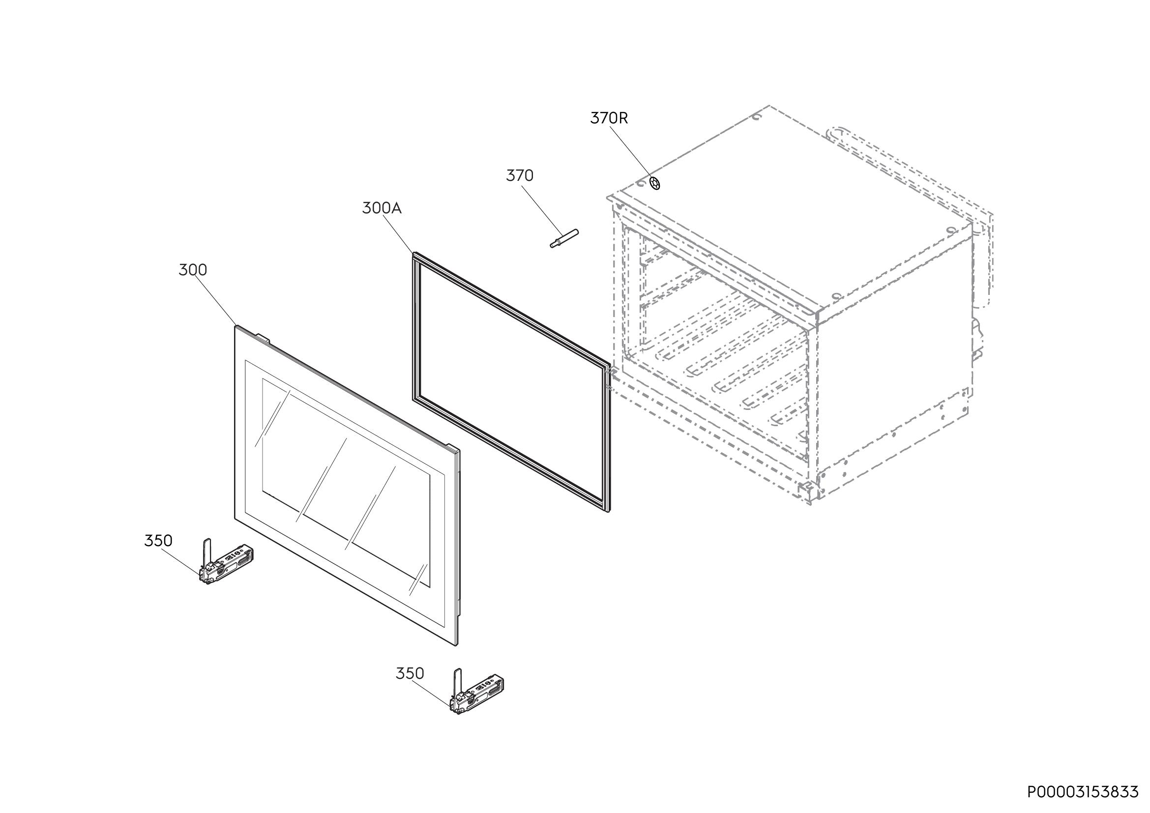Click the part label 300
click(x=193, y=270)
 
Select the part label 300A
click(x=382, y=208)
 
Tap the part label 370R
click(x=609, y=118)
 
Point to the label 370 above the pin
click(x=519, y=175)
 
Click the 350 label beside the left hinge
click(x=158, y=541)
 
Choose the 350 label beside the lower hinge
click(x=410, y=674)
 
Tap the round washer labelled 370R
click(x=654, y=184)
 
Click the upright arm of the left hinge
click(x=208, y=553)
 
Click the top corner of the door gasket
click(x=413, y=253)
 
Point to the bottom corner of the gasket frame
click(x=609, y=512)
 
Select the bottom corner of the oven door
click(x=456, y=645)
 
